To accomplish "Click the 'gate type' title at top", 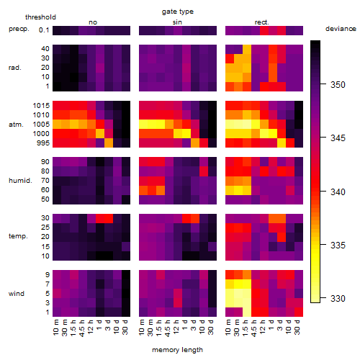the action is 178,12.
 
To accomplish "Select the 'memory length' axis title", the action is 177,350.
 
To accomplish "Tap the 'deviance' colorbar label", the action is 341,29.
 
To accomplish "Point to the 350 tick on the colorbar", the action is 323,84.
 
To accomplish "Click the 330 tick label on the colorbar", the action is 338,299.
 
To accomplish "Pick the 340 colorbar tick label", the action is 338,192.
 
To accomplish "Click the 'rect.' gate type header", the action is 261,22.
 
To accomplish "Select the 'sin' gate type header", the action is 177,22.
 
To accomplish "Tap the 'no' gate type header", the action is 93,22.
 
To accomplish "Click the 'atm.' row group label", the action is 16,125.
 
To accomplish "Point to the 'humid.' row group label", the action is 20,181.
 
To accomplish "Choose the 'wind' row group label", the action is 17,294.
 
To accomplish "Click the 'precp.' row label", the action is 19,29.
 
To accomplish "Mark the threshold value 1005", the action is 41,125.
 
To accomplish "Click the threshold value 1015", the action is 41,106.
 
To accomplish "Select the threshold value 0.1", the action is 44,30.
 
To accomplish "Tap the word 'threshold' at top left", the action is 40,17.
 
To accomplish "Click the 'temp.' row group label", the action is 18,236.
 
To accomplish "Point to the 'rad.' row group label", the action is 15,68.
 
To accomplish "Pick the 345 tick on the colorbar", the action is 323,138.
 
